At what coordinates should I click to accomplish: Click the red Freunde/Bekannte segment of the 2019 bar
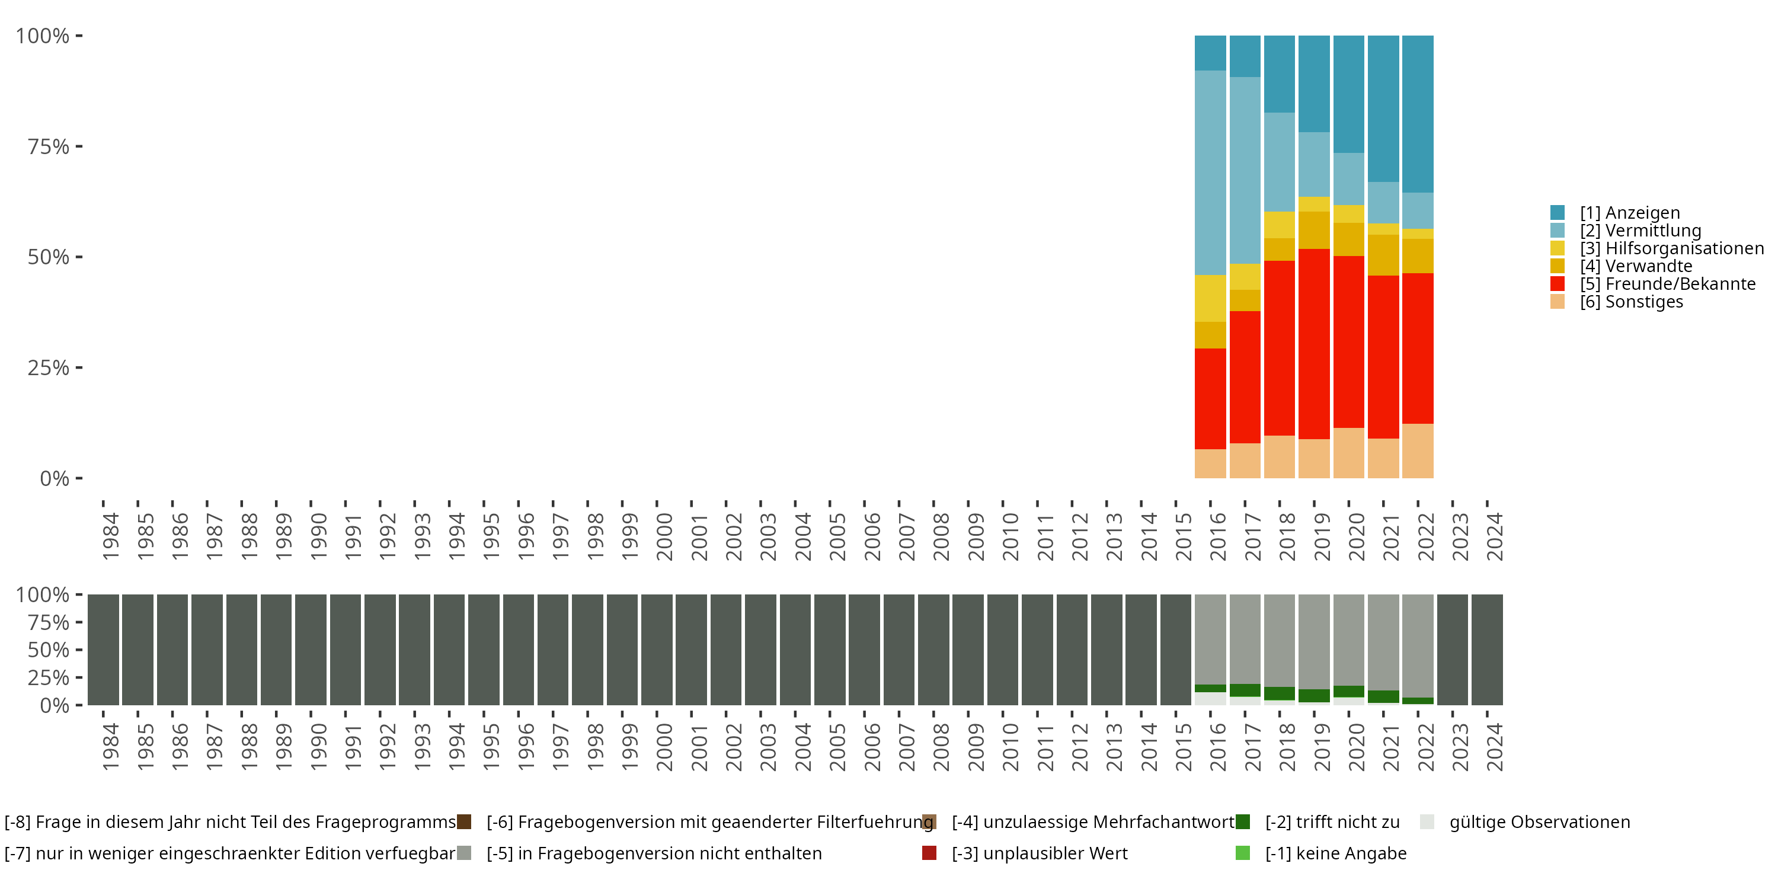[1313, 344]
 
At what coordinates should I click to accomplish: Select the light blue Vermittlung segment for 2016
[1210, 172]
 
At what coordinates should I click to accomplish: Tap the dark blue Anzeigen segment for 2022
[1417, 114]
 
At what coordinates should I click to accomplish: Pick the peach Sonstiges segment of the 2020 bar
[1348, 453]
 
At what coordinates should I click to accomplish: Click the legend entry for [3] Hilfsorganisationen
[1670, 248]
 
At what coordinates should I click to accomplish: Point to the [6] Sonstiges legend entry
[1631, 302]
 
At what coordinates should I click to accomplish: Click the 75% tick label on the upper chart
[49, 146]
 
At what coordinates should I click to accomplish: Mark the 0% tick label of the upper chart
[55, 478]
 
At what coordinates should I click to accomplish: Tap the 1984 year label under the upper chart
[110, 536]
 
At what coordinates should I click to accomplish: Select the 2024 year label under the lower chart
[1494, 747]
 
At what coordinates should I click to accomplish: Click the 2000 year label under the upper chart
[664, 536]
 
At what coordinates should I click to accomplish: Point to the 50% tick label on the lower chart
[49, 650]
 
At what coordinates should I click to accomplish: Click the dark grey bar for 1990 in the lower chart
[311, 650]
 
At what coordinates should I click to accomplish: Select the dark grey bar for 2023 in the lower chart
[1451, 650]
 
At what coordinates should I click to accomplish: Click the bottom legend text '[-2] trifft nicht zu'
[1332, 822]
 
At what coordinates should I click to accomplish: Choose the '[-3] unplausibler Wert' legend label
[1040, 854]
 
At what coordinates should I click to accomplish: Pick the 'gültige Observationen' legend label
[1539, 822]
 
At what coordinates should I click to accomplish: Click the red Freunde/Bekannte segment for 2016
[1210, 399]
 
